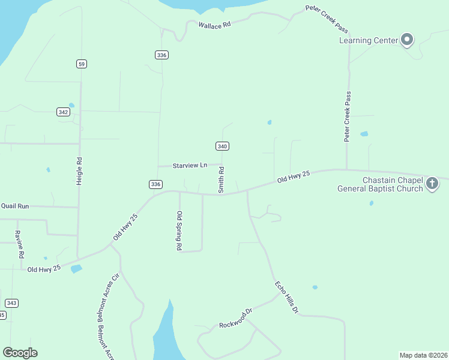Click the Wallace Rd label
[214, 25]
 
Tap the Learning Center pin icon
[408, 40]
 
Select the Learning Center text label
[369, 41]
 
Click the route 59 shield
[82, 64]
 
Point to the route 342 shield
[63, 112]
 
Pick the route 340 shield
[222, 146]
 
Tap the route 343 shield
[11, 303]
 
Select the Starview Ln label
[190, 165]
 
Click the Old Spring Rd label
[179, 230]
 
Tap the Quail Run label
[15, 206]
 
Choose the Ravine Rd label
[20, 244]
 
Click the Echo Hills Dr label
[286, 297]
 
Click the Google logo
[20, 352]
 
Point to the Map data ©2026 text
[423, 355]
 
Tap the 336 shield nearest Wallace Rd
[161, 55]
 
